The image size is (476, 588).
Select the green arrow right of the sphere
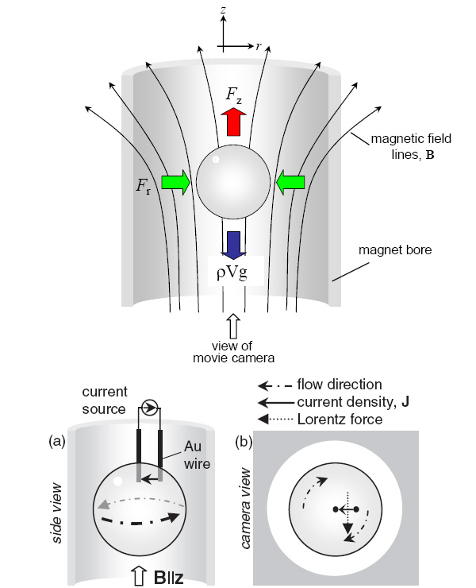(290, 184)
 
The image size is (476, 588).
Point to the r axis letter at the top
(259, 47)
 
